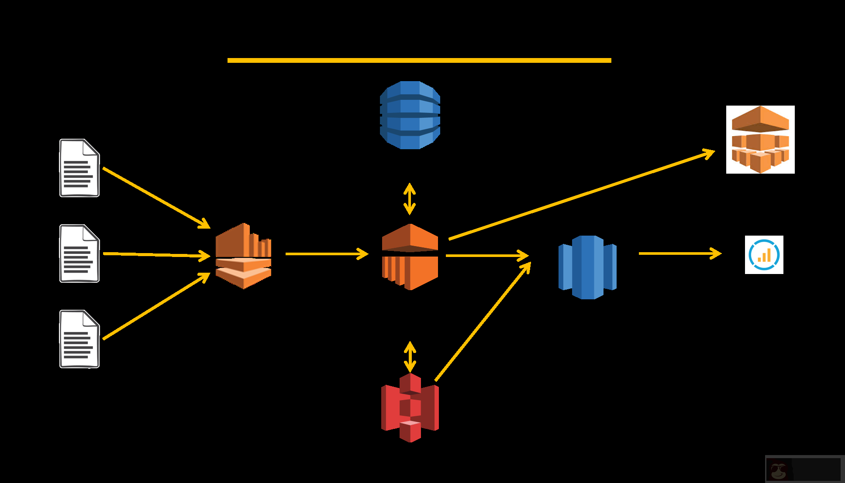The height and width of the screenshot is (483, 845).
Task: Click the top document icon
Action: (79, 168)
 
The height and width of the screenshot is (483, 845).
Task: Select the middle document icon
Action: (79, 253)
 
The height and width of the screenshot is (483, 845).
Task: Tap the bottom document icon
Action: (79, 339)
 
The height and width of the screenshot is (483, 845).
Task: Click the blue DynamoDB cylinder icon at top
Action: (410, 115)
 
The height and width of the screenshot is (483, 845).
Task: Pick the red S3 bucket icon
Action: (410, 408)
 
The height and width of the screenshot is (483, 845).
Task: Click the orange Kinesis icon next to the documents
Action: (243, 256)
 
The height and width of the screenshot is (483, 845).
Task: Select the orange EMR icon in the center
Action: (410, 257)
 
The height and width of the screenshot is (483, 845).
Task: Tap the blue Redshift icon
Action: (587, 267)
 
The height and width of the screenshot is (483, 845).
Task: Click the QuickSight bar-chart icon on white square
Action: (764, 255)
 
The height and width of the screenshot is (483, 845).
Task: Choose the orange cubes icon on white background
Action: (760, 140)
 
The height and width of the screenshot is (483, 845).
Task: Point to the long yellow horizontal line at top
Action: (419, 61)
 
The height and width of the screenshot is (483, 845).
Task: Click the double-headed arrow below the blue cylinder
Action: (409, 199)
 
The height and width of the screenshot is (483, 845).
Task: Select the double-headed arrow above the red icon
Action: (410, 356)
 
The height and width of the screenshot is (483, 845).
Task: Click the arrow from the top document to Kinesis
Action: (156, 198)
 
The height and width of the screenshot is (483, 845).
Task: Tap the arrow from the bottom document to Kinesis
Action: (156, 307)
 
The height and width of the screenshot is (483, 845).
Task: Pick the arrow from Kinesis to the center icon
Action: (327, 253)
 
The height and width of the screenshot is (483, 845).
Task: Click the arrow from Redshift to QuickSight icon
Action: (679, 253)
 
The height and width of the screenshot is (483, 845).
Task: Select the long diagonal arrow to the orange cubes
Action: (581, 195)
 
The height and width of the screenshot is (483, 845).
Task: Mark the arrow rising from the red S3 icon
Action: (482, 322)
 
